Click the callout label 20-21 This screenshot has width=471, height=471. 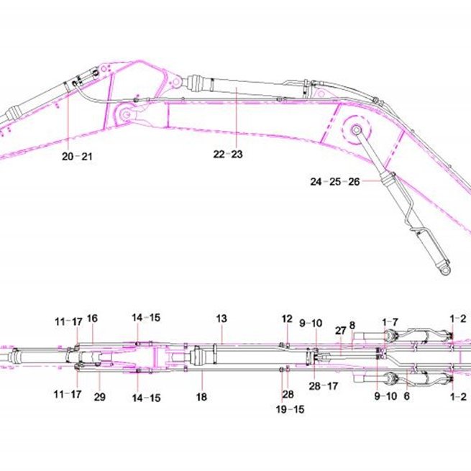click(x=77, y=157)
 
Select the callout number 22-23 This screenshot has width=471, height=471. click(x=228, y=155)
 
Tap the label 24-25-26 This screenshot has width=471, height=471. click(x=335, y=182)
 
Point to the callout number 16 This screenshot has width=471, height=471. click(x=92, y=319)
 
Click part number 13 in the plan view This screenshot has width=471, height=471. click(x=221, y=319)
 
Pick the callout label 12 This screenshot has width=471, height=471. click(x=287, y=319)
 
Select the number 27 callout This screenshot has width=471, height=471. click(x=340, y=331)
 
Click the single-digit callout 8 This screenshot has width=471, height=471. click(x=352, y=325)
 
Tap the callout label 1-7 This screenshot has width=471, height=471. click(x=390, y=322)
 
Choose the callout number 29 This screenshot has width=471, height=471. click(x=100, y=397)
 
